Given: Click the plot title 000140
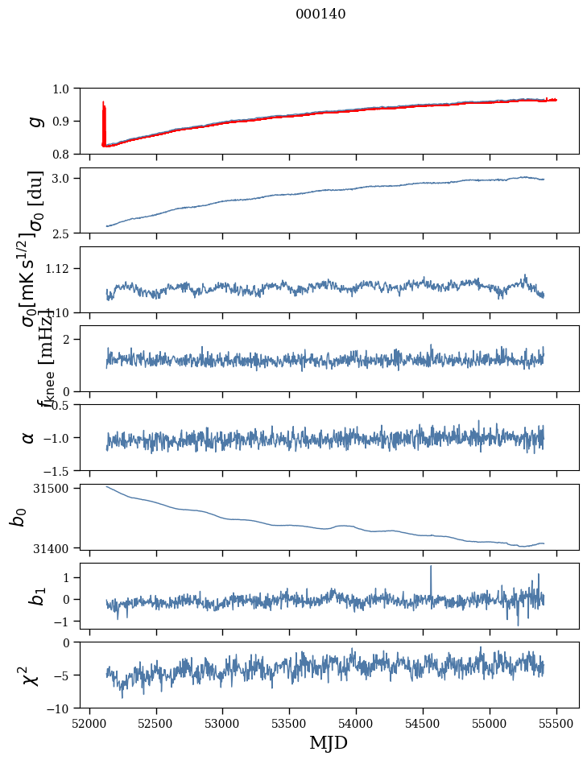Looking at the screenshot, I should [x=320, y=14].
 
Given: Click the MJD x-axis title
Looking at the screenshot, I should [x=329, y=743].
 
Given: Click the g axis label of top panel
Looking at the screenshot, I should [x=34, y=121].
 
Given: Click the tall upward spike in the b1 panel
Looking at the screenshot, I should [x=431, y=568].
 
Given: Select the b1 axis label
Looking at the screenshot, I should [x=34, y=596].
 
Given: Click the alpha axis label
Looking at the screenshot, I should [x=28, y=437].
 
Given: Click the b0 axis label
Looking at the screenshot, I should [x=19, y=517].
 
